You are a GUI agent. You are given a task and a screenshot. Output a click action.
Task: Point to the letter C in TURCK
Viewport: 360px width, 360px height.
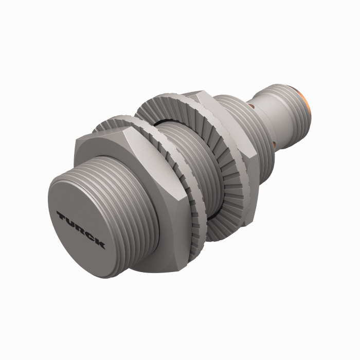[x=91, y=236]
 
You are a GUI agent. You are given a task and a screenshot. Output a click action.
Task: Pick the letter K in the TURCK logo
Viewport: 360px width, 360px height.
[x=100, y=243]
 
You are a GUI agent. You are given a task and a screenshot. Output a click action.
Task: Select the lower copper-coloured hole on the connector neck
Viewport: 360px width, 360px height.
[x=277, y=145]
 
